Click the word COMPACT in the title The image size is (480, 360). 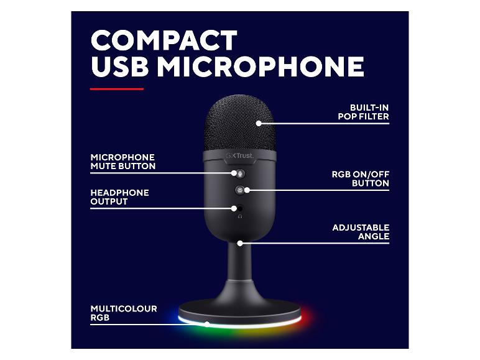tap(164, 40)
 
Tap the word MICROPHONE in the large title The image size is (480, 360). tap(261, 66)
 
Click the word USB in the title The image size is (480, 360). tap(120, 66)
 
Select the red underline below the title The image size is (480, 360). tap(117, 89)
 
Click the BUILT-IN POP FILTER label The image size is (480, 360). tap(363, 112)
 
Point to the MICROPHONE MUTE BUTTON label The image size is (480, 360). tap(123, 162)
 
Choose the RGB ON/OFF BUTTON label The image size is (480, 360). tap(361, 179)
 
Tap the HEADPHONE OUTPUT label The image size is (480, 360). tap(120, 197)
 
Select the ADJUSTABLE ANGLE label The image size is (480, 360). tap(361, 232)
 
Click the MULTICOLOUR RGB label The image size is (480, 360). tap(124, 313)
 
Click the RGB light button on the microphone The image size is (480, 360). tap(239, 190)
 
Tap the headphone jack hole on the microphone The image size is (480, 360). tap(240, 208)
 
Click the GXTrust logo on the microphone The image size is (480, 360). tap(240, 155)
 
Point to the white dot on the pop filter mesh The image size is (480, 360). tap(259, 123)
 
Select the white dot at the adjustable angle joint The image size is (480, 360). tap(240, 243)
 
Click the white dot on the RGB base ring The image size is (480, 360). tap(207, 324)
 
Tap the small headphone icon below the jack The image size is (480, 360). tap(240, 216)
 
